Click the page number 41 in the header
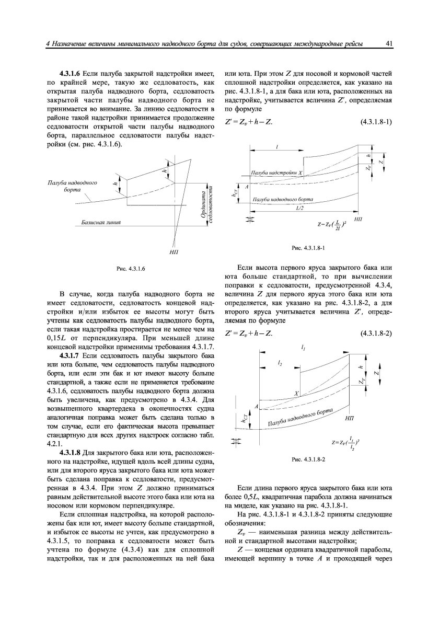coord(389,44)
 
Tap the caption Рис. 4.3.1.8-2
coord(308,459)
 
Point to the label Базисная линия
coord(101,223)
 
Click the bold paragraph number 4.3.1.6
coord(70,72)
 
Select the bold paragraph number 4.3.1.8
coord(70,451)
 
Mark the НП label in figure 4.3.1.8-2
coord(351,419)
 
